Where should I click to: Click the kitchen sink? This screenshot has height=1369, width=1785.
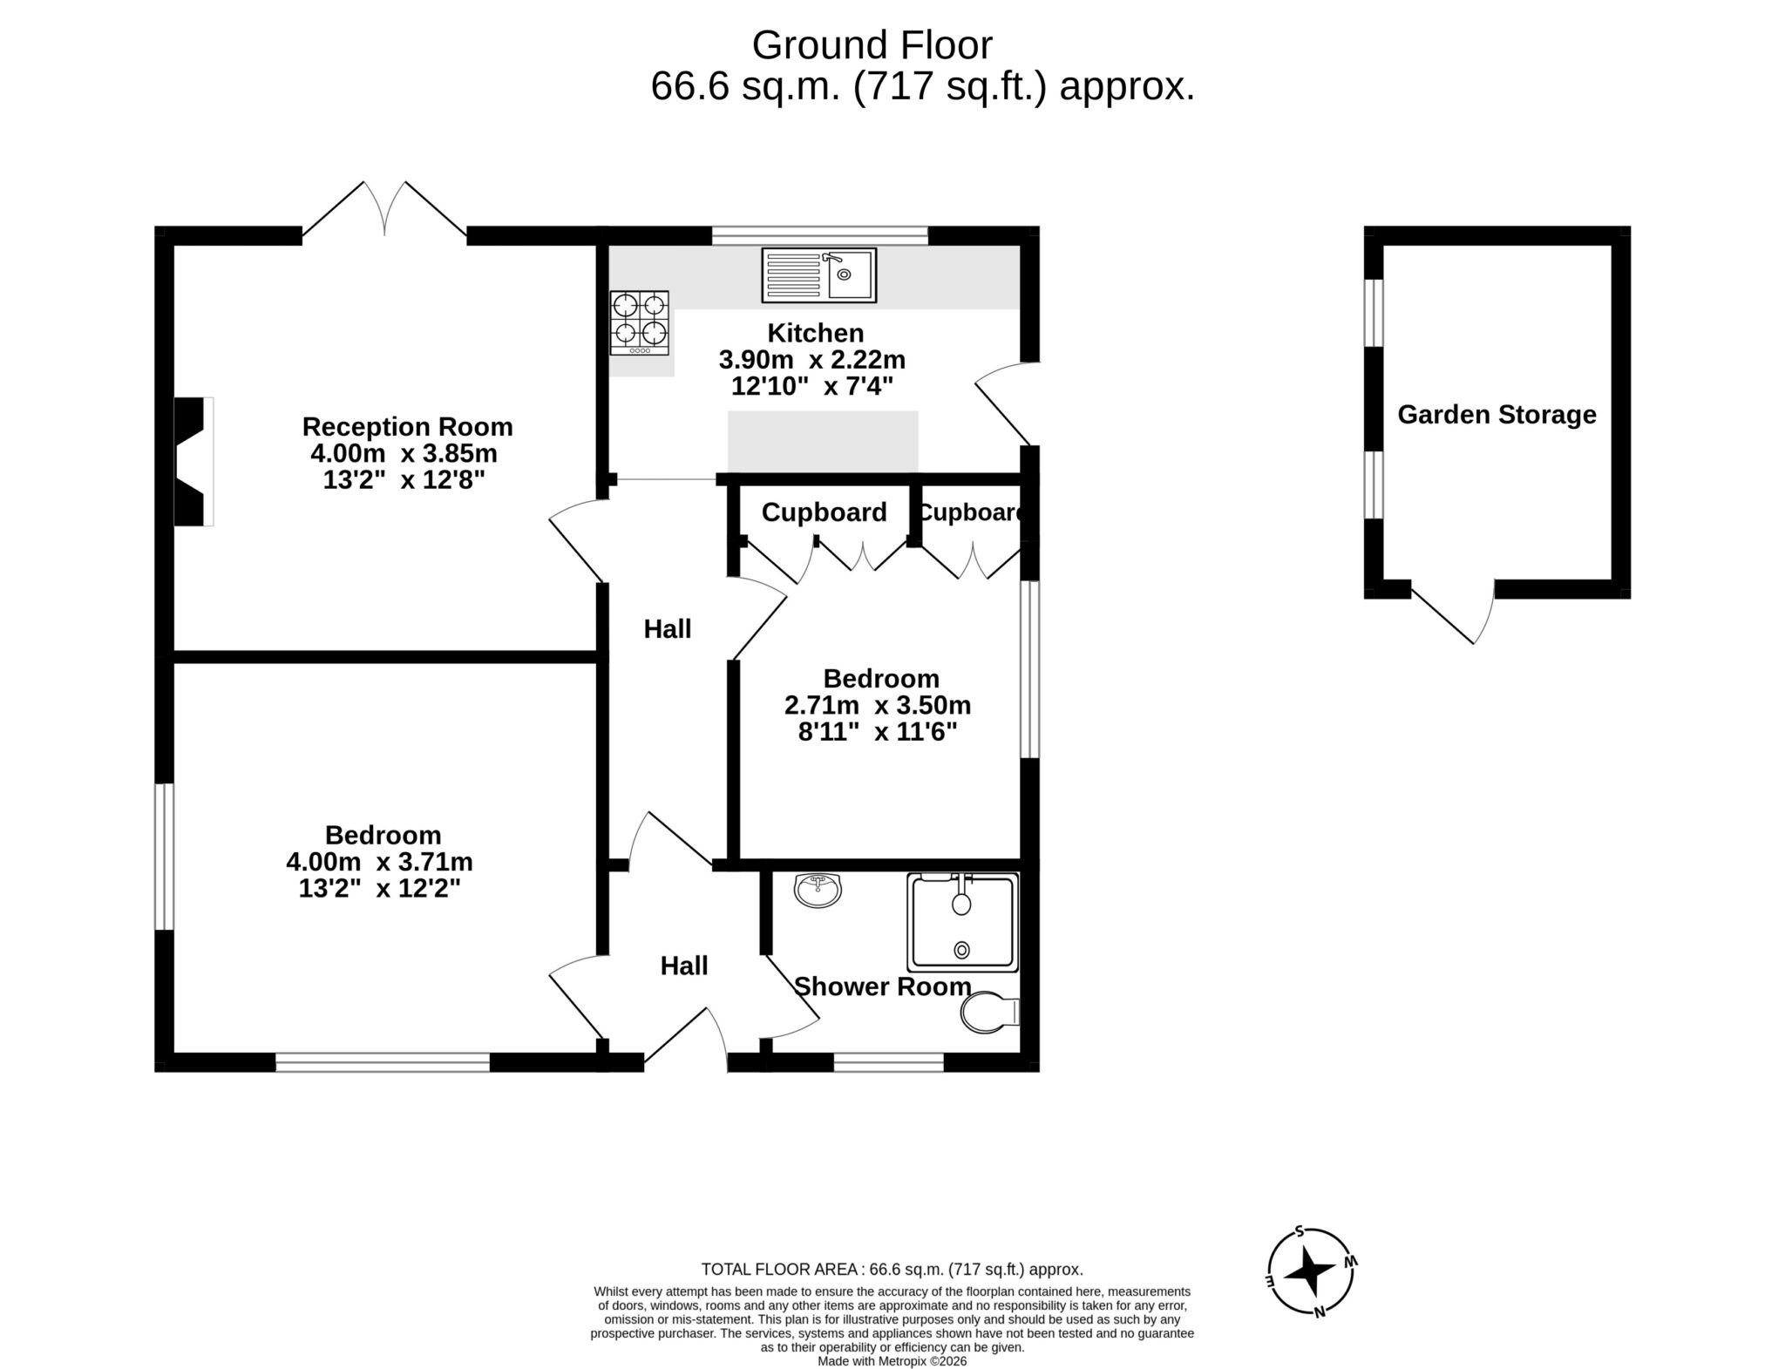(818, 274)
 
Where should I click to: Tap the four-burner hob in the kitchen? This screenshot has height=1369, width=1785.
(640, 322)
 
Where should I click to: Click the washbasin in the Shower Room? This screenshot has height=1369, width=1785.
(818, 891)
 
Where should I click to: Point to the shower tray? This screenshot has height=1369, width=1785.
(962, 922)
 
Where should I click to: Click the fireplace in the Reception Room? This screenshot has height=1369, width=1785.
(193, 461)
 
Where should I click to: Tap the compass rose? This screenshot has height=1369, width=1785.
(1311, 1271)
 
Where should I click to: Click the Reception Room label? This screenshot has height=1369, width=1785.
(407, 427)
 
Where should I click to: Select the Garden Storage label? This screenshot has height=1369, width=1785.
(1497, 414)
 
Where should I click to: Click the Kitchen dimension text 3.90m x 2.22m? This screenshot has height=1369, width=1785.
(811, 359)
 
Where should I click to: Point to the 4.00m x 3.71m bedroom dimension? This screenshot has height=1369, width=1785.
(379, 862)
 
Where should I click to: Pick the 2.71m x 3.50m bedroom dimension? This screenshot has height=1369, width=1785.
(878, 705)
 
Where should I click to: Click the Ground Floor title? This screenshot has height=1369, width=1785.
(872, 45)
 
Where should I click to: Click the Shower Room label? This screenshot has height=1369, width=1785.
(882, 986)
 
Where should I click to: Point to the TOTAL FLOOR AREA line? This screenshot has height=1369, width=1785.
(892, 1270)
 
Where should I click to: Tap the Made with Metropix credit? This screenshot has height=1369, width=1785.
(892, 1361)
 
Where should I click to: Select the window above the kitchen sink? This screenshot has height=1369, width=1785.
(819, 235)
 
